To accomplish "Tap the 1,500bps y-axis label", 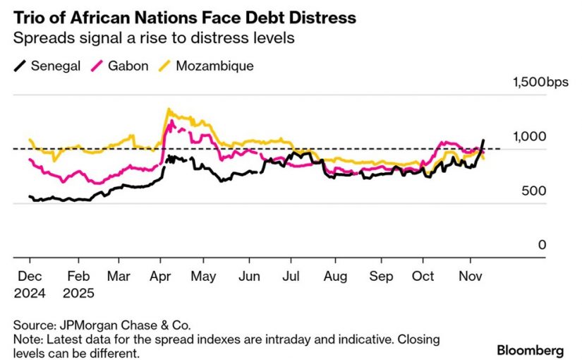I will (x=539, y=83).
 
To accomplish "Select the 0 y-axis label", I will (x=542, y=245).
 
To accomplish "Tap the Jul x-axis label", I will (x=291, y=276).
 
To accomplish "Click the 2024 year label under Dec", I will (x=30, y=292).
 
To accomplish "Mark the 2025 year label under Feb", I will (x=78, y=292).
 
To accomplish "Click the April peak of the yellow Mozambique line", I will (x=168, y=109).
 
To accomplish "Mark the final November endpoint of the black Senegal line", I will (x=483, y=140).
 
